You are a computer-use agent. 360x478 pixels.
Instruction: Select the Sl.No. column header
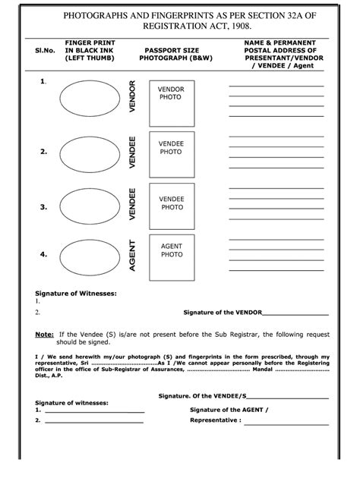pyautogui.click(x=44, y=50)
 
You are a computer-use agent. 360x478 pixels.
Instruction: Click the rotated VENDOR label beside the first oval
pyautogui.click(x=132, y=97)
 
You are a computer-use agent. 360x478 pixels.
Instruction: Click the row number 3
pyautogui.click(x=43, y=206)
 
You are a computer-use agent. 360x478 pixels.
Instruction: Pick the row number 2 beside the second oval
pyautogui.click(x=43, y=152)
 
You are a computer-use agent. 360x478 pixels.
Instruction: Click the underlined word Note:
pyautogui.click(x=44, y=334)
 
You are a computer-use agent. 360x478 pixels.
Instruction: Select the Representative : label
pyautogui.click(x=216, y=420)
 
